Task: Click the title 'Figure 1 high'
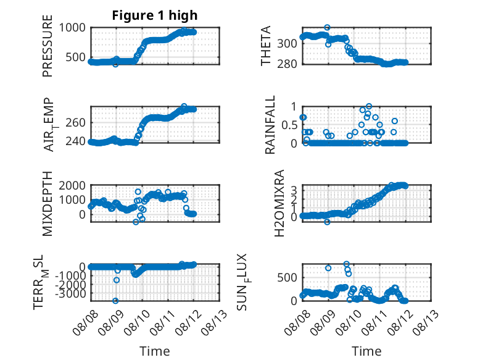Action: (155, 15)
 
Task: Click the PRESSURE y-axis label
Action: (48, 46)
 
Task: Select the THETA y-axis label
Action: (266, 46)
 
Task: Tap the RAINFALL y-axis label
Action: (270, 125)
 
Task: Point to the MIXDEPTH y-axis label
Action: (48, 204)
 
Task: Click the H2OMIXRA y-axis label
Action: (279, 203)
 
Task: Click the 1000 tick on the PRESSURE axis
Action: (72, 28)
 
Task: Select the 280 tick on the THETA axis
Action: (287, 64)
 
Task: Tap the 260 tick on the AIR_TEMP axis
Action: (76, 123)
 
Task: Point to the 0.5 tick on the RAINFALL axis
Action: (289, 125)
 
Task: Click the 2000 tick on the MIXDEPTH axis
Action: (72, 185)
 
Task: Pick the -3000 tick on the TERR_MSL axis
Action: (71, 293)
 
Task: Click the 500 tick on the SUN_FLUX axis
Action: (287, 278)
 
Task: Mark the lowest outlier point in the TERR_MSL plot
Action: (115, 301)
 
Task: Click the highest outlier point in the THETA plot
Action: (327, 28)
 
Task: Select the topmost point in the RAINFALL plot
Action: (369, 106)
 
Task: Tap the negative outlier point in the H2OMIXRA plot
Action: (327, 222)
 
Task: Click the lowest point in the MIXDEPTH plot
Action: (136, 222)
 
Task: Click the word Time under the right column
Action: (366, 351)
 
